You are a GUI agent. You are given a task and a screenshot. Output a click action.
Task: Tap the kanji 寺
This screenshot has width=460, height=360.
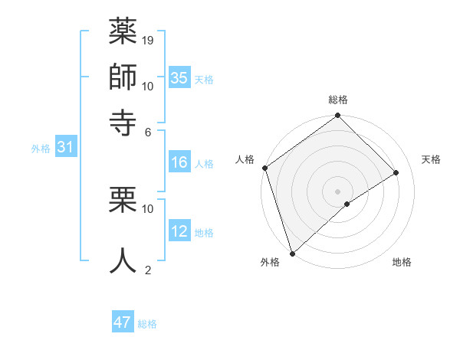click(123, 120)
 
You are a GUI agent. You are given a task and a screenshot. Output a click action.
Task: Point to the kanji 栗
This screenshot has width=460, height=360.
click(123, 201)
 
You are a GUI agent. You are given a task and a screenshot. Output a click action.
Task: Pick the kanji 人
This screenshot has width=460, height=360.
click(123, 260)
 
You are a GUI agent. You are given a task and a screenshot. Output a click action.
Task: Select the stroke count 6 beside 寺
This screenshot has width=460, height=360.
click(148, 131)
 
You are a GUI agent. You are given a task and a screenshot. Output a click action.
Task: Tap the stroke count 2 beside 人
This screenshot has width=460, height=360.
click(148, 270)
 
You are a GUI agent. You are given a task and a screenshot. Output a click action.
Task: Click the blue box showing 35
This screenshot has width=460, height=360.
click(179, 77)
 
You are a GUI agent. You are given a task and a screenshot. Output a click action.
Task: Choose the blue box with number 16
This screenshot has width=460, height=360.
click(179, 162)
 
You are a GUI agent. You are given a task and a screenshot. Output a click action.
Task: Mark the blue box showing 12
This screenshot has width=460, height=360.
click(179, 231)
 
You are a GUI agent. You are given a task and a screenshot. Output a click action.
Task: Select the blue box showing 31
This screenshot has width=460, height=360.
click(65, 147)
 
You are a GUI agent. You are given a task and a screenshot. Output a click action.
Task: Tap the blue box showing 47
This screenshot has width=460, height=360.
click(123, 322)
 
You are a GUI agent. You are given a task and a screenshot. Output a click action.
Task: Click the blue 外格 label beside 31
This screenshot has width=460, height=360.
click(40, 149)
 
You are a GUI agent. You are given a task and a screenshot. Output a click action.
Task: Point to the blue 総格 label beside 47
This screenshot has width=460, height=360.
click(147, 324)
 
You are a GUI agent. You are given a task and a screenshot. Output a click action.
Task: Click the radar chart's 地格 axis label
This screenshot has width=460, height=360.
click(402, 263)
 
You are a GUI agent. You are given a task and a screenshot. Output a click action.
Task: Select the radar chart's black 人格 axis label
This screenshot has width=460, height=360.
click(245, 159)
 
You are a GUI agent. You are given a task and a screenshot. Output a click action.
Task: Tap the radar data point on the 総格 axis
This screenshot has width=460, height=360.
click(337, 116)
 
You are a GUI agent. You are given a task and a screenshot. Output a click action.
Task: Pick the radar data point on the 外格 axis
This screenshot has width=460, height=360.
click(292, 253)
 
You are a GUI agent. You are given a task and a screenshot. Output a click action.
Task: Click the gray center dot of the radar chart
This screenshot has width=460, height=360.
click(337, 191)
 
